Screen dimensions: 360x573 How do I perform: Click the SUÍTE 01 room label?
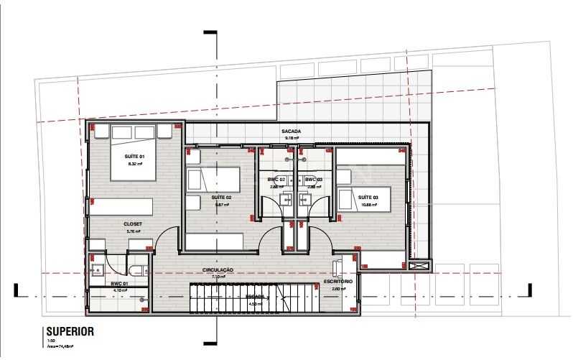pyautogui.click(x=135, y=157)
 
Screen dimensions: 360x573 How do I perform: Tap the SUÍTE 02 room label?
pyautogui.click(x=221, y=197)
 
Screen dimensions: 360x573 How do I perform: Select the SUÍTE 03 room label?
pyautogui.click(x=368, y=197)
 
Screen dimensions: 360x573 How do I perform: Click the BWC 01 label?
pyautogui.click(x=119, y=284)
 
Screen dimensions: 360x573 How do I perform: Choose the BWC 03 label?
pyautogui.click(x=313, y=179)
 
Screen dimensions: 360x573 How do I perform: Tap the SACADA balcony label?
pyautogui.click(x=291, y=131)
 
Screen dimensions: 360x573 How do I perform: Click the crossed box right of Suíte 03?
pyautogui.click(x=420, y=265)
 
